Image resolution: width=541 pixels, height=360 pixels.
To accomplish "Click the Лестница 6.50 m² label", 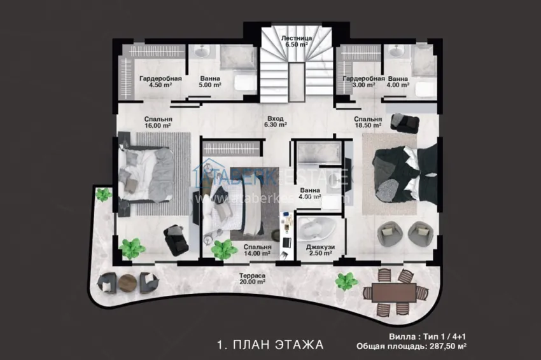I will pyautogui.click(x=296, y=42).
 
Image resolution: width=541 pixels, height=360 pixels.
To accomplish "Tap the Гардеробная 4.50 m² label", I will pyautogui.click(x=160, y=81).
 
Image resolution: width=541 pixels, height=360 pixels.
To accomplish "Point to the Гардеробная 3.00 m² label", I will pyautogui.click(x=363, y=81).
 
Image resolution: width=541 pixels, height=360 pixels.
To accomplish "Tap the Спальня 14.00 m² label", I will pyautogui.click(x=256, y=250).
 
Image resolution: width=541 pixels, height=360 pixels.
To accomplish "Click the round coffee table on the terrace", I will pyautogui.click(x=127, y=282).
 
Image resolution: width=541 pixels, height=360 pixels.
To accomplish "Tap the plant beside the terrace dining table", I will pyautogui.click(x=346, y=280).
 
